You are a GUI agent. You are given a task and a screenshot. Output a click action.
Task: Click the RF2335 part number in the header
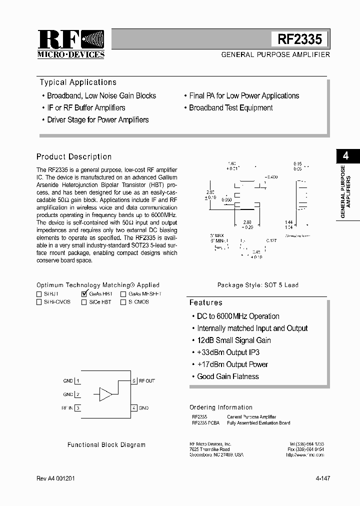pyautogui.click(x=300, y=39)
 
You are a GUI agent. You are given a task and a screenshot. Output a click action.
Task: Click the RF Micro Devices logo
pyautogui.click(x=71, y=44)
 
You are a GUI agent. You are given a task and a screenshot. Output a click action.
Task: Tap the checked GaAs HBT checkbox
pyautogui.click(x=83, y=294)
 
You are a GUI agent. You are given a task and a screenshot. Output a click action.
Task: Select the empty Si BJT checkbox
pyautogui.click(x=39, y=294)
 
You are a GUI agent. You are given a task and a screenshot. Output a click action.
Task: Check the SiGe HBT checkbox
pyautogui.click(x=83, y=302)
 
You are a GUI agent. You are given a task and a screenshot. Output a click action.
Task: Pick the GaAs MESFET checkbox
pyautogui.click(x=123, y=294)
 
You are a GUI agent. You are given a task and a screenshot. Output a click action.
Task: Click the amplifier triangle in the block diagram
pyautogui.click(x=105, y=394)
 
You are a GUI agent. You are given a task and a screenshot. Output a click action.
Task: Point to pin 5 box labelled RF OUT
pyautogui.click(x=134, y=381)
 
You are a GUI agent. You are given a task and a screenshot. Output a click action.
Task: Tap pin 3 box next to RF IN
pyautogui.click(x=78, y=408)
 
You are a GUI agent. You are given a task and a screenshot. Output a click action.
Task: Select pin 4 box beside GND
pyautogui.click(x=134, y=408)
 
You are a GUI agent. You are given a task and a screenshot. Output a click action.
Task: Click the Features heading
pyautogui.click(x=205, y=303)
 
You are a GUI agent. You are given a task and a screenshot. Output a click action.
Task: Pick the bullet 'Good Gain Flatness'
pyautogui.click(x=227, y=376)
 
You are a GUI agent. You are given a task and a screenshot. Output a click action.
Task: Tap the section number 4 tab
pyautogui.click(x=345, y=156)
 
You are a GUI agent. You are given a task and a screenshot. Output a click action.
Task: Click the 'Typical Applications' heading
pyautogui.click(x=78, y=82)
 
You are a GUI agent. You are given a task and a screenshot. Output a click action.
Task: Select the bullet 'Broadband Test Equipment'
pyautogui.click(x=230, y=108)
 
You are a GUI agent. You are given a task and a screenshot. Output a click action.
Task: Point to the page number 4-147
pyautogui.click(x=322, y=478)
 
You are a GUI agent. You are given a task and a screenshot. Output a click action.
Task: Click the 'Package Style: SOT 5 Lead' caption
pyautogui.click(x=257, y=285)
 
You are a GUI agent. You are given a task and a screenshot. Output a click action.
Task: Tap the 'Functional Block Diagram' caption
pyautogui.click(x=106, y=444)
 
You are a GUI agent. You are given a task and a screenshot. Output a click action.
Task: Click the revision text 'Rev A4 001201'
pyautogui.click(x=56, y=478)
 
